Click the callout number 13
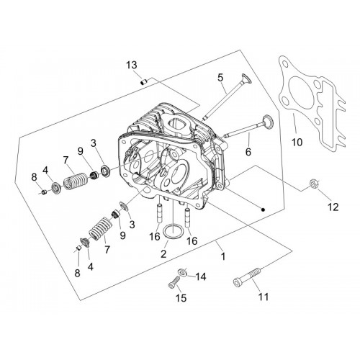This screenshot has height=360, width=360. tap(132, 65)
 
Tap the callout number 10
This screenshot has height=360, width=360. tap(297, 142)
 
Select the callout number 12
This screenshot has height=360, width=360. tap(333, 207)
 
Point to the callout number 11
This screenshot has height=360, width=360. tap(264, 297)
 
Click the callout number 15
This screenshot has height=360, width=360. tap(181, 298)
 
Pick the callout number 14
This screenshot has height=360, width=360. tap(201, 276)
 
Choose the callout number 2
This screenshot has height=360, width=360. tap(163, 254)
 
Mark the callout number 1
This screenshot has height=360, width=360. tap(223, 256)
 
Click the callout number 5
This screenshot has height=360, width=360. tap(220, 78)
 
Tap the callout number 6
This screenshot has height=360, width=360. tap(248, 152)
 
